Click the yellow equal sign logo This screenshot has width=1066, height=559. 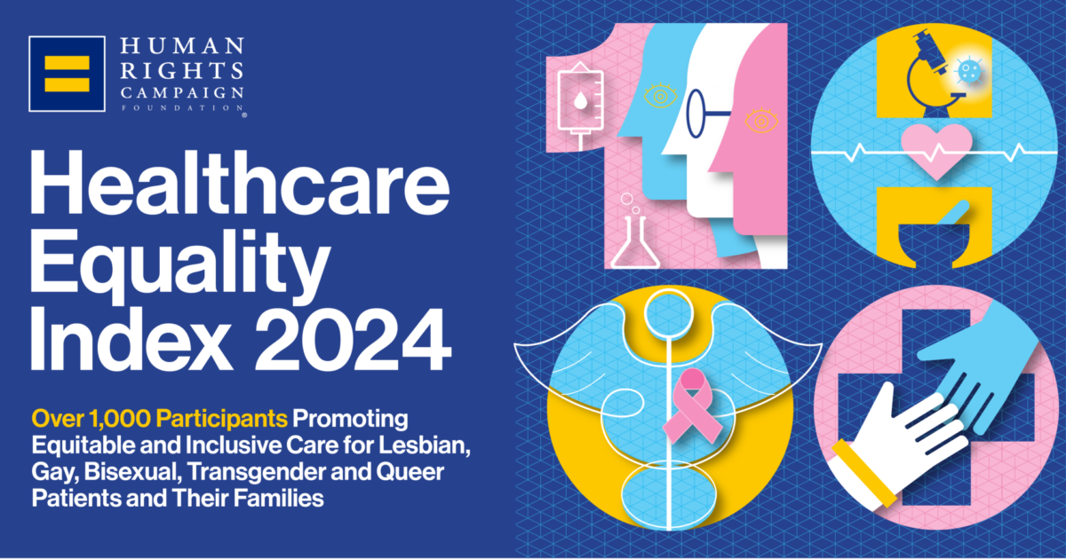[x=68, y=74]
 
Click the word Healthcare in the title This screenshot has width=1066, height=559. [x=240, y=183]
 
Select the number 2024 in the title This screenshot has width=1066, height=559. [x=353, y=339]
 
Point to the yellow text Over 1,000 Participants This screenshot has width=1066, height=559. [x=159, y=419]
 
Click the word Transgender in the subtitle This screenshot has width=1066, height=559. [x=265, y=471]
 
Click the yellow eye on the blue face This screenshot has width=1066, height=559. [x=661, y=96]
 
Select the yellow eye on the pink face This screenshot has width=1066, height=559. [x=761, y=121]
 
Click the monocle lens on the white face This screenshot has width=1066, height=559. [x=696, y=114]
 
